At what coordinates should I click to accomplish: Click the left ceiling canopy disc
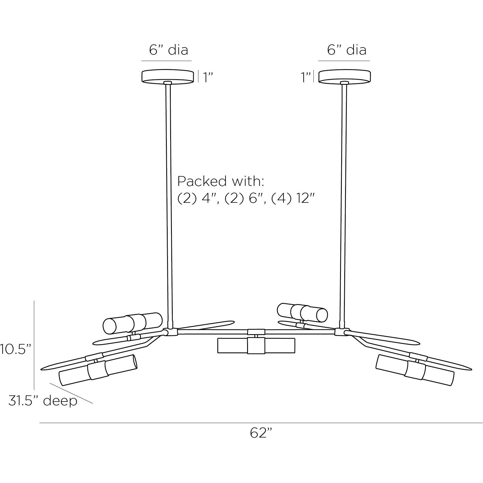(167, 76)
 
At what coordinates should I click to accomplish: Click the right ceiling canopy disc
(344, 76)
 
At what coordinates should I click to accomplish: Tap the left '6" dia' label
(168, 50)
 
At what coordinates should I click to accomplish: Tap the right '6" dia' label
(347, 50)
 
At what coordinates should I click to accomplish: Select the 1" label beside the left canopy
(209, 77)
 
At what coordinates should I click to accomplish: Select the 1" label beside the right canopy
(306, 77)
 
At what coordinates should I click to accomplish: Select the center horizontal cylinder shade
(256, 345)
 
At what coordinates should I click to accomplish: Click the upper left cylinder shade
(133, 323)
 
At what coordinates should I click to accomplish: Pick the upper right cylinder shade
(302, 312)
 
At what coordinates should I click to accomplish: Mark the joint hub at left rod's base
(170, 332)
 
